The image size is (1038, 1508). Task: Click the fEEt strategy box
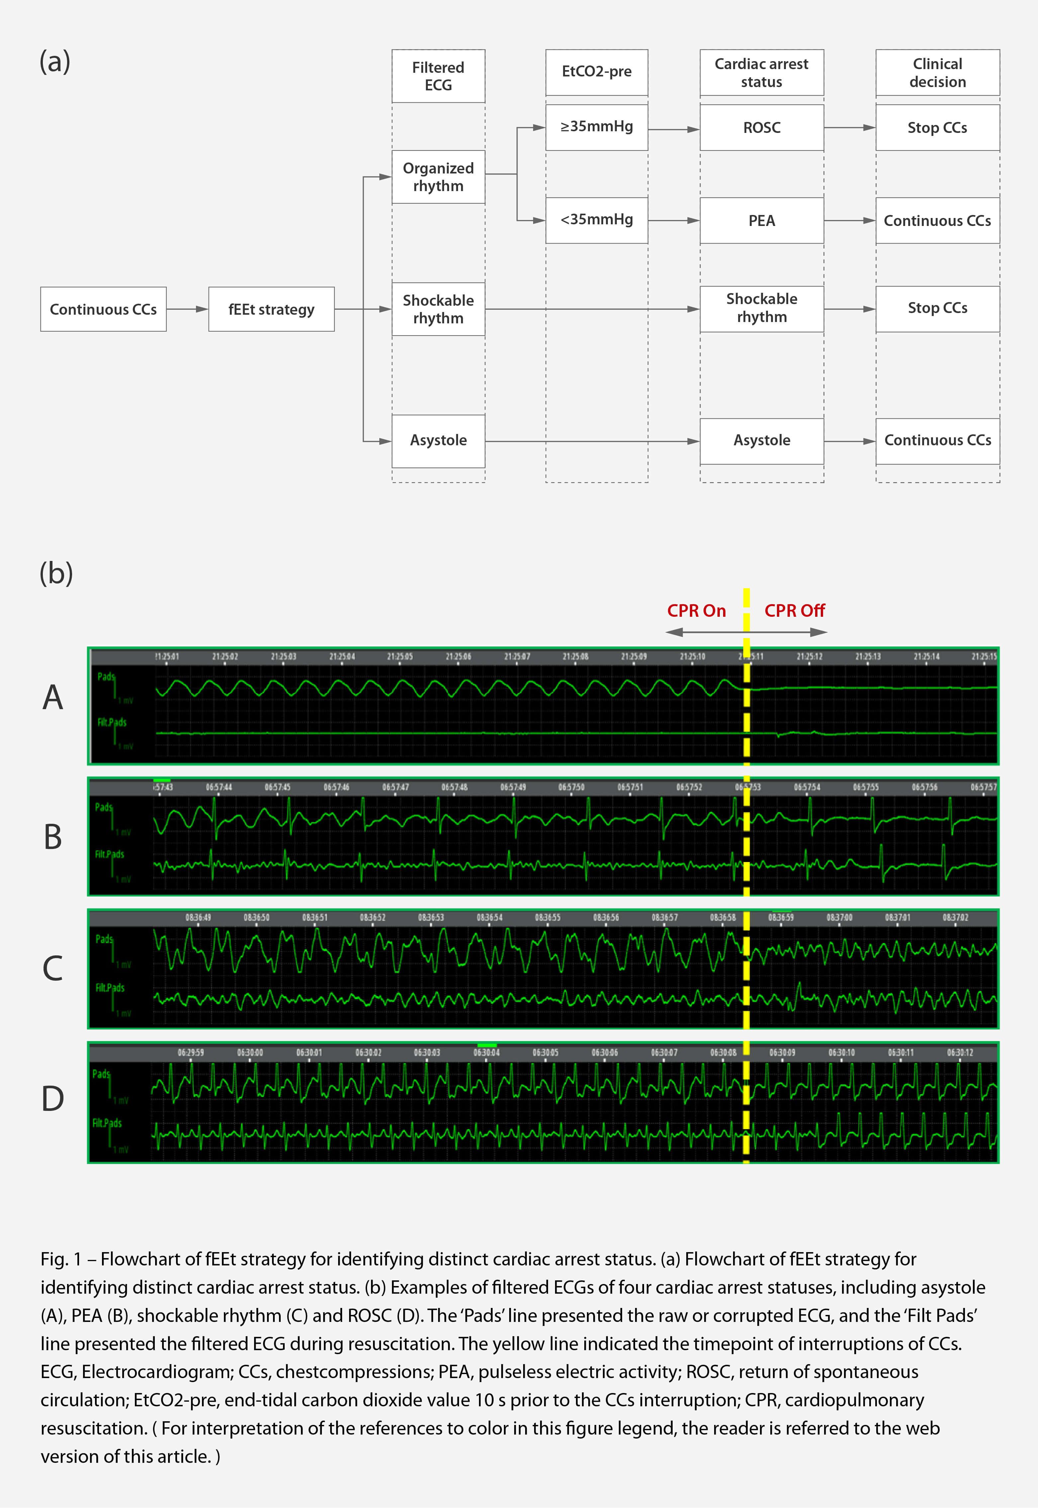pyautogui.click(x=271, y=310)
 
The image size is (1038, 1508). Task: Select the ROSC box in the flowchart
pyautogui.click(x=762, y=128)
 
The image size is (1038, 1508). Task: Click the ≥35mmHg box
pyautogui.click(x=597, y=127)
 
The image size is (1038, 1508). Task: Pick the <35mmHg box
pyautogui.click(x=597, y=220)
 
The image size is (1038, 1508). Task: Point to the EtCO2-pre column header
pyautogui.click(x=597, y=71)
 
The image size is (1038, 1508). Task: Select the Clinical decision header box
pyautogui.click(x=937, y=73)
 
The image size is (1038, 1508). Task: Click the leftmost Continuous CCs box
pyautogui.click(x=103, y=310)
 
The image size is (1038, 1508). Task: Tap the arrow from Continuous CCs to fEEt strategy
pyautogui.click(x=187, y=310)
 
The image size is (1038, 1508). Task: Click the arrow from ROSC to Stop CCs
pyautogui.click(x=849, y=128)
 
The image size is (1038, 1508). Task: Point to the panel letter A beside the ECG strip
pyautogui.click(x=53, y=698)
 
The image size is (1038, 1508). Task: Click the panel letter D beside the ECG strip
pyautogui.click(x=53, y=1099)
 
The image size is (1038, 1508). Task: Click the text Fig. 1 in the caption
pyautogui.click(x=60, y=1259)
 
